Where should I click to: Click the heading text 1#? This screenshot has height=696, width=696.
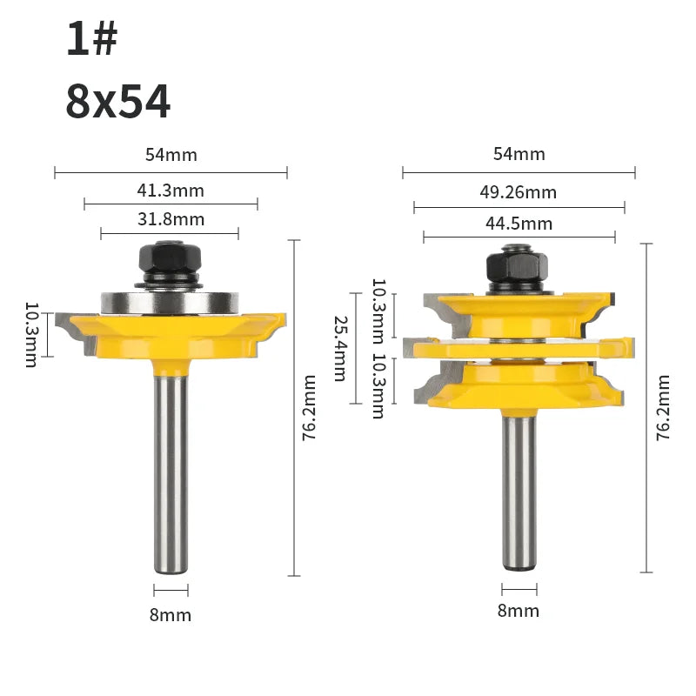click(92, 38)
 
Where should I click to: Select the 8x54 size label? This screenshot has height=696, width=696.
click(118, 102)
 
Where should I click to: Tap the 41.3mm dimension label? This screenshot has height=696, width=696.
click(171, 191)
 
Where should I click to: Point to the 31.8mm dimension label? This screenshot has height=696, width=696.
click(171, 219)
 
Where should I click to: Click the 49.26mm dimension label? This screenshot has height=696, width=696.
click(518, 192)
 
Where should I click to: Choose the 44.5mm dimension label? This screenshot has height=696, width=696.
click(519, 224)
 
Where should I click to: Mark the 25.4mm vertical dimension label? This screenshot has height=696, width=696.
click(340, 349)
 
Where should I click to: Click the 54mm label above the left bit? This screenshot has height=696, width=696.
click(171, 155)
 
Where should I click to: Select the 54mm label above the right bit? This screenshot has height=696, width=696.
click(519, 154)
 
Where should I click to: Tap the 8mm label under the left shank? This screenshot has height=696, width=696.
click(171, 615)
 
